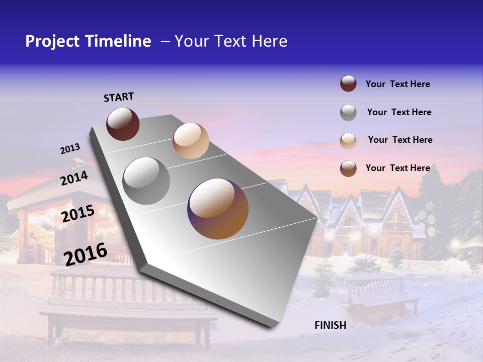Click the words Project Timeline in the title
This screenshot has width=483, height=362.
[x=88, y=41]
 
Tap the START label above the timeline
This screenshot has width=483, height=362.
[x=119, y=97]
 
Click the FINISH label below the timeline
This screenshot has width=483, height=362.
[x=331, y=325]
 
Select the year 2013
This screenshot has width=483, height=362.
[x=70, y=149]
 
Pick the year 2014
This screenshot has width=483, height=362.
[x=74, y=178]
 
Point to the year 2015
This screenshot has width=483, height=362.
[x=78, y=214]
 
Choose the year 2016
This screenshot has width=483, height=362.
[x=86, y=254]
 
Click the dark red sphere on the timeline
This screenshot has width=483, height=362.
[x=123, y=124]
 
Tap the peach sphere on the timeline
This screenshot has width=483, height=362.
[x=191, y=141]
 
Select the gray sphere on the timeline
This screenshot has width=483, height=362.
[x=146, y=181]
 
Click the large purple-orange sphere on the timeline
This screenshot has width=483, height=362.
[x=218, y=209]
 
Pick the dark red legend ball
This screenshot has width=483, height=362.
[x=348, y=84]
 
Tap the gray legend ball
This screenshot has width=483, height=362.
[x=348, y=113]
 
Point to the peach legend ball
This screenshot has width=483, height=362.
[x=348, y=141]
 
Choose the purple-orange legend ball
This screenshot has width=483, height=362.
[x=348, y=168]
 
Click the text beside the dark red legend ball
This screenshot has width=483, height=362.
[x=397, y=84]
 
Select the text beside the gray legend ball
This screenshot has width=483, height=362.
[x=399, y=112]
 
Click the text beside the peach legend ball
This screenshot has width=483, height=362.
[x=400, y=140]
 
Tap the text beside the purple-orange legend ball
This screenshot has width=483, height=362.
[x=397, y=168]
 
